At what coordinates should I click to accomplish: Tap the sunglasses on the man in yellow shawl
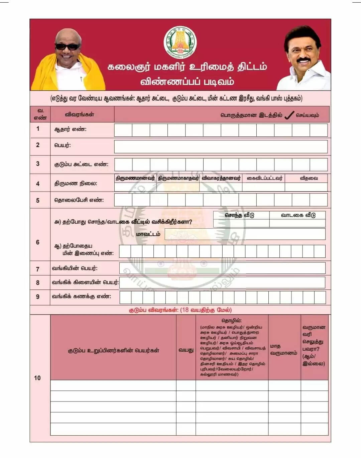[x=68, y=46]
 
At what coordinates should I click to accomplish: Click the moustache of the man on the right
[x=304, y=61]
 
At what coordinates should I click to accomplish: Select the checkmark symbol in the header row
[x=289, y=115]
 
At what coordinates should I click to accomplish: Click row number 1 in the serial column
[x=38, y=129]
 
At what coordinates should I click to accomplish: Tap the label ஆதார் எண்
[x=70, y=129]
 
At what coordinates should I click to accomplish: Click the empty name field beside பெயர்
[x=221, y=146]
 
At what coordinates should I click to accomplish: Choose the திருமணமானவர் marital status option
[x=135, y=178]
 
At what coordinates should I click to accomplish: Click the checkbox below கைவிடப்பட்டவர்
[x=263, y=187]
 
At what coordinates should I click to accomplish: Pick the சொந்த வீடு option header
[x=239, y=215]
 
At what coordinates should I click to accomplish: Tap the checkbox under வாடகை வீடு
[x=297, y=223]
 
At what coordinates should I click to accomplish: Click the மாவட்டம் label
[x=148, y=234]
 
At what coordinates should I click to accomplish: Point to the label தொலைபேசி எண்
[x=79, y=200]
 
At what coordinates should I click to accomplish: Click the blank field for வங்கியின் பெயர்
[x=222, y=268]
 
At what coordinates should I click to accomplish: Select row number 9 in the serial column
[x=38, y=297]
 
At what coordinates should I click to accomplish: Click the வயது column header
[x=186, y=350]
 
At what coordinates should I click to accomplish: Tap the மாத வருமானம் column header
[x=283, y=350]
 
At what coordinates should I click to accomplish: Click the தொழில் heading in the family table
[x=231, y=321]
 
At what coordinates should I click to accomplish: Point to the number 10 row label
[x=37, y=378]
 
